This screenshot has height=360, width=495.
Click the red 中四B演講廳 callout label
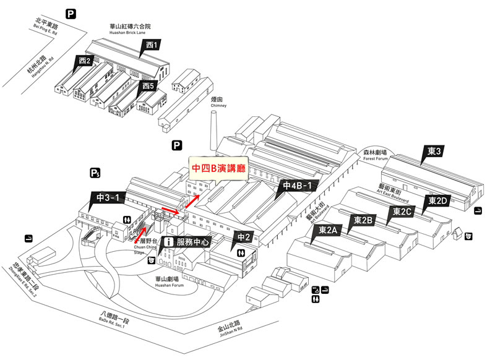tap(218, 168)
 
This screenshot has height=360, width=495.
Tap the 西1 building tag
tap(152, 45)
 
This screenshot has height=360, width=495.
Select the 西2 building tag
tap(85, 61)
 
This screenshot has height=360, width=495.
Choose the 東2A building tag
tap(328, 230)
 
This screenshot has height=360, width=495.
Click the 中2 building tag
tap(244, 235)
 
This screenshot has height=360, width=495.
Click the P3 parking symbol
tap(95, 172)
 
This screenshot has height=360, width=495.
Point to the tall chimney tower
tap(215, 133)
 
